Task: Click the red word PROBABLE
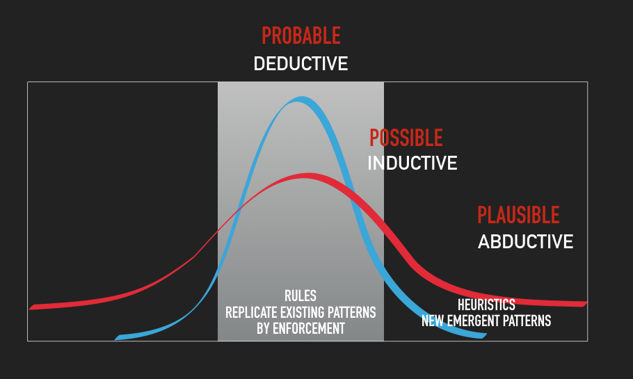coord(301,35)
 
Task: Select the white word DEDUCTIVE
coord(301,64)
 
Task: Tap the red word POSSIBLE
coord(406,138)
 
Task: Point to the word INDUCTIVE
coord(412,163)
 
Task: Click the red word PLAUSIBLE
coord(518,215)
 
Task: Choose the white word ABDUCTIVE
coord(525,242)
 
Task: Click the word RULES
coord(301,296)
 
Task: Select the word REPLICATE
coord(252,312)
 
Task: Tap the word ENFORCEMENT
coord(309,328)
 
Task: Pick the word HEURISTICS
coord(486,305)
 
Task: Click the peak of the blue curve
coord(301,99)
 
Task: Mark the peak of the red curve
coord(308,175)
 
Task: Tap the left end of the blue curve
coord(116,338)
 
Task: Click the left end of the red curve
coord(31,307)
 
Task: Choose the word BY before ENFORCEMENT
coord(263,328)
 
